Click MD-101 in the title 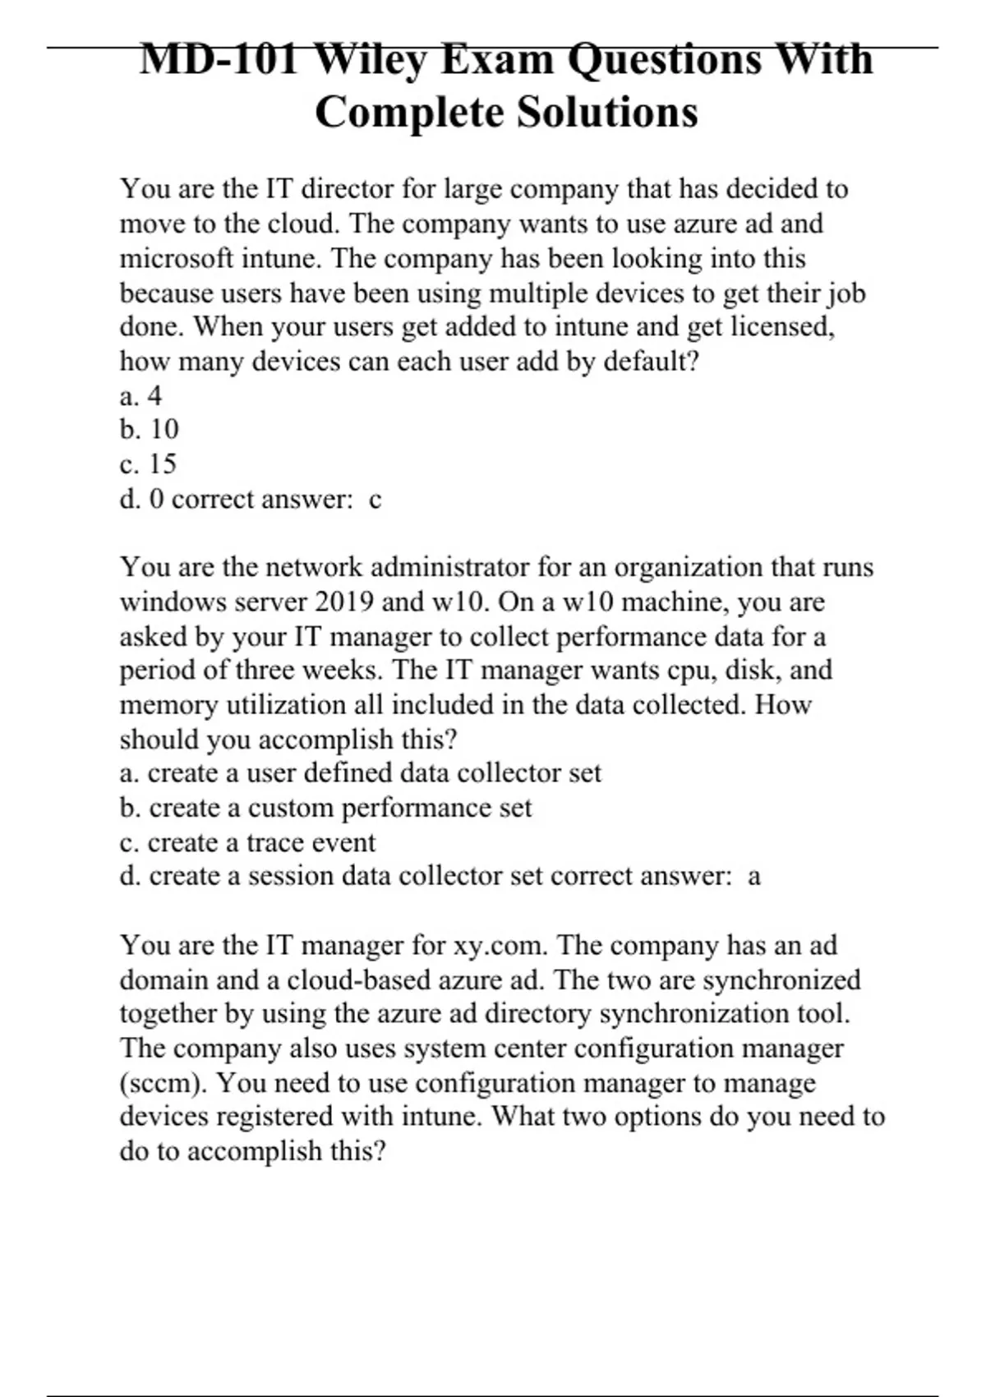[x=219, y=59]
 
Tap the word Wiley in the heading [x=370, y=59]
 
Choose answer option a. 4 [x=141, y=396]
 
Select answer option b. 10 [x=149, y=430]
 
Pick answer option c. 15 [x=148, y=464]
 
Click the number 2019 [x=344, y=602]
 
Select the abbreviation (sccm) [x=164, y=1083]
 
